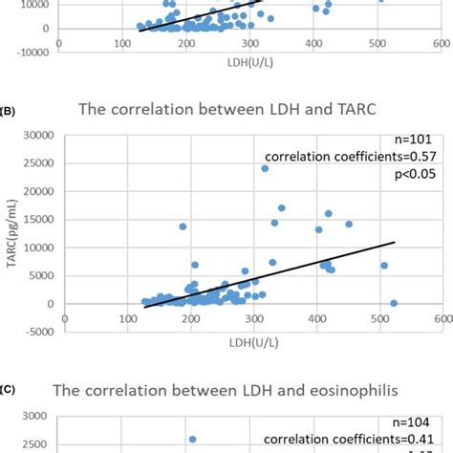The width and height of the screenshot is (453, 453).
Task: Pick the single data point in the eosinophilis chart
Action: coord(192,440)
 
